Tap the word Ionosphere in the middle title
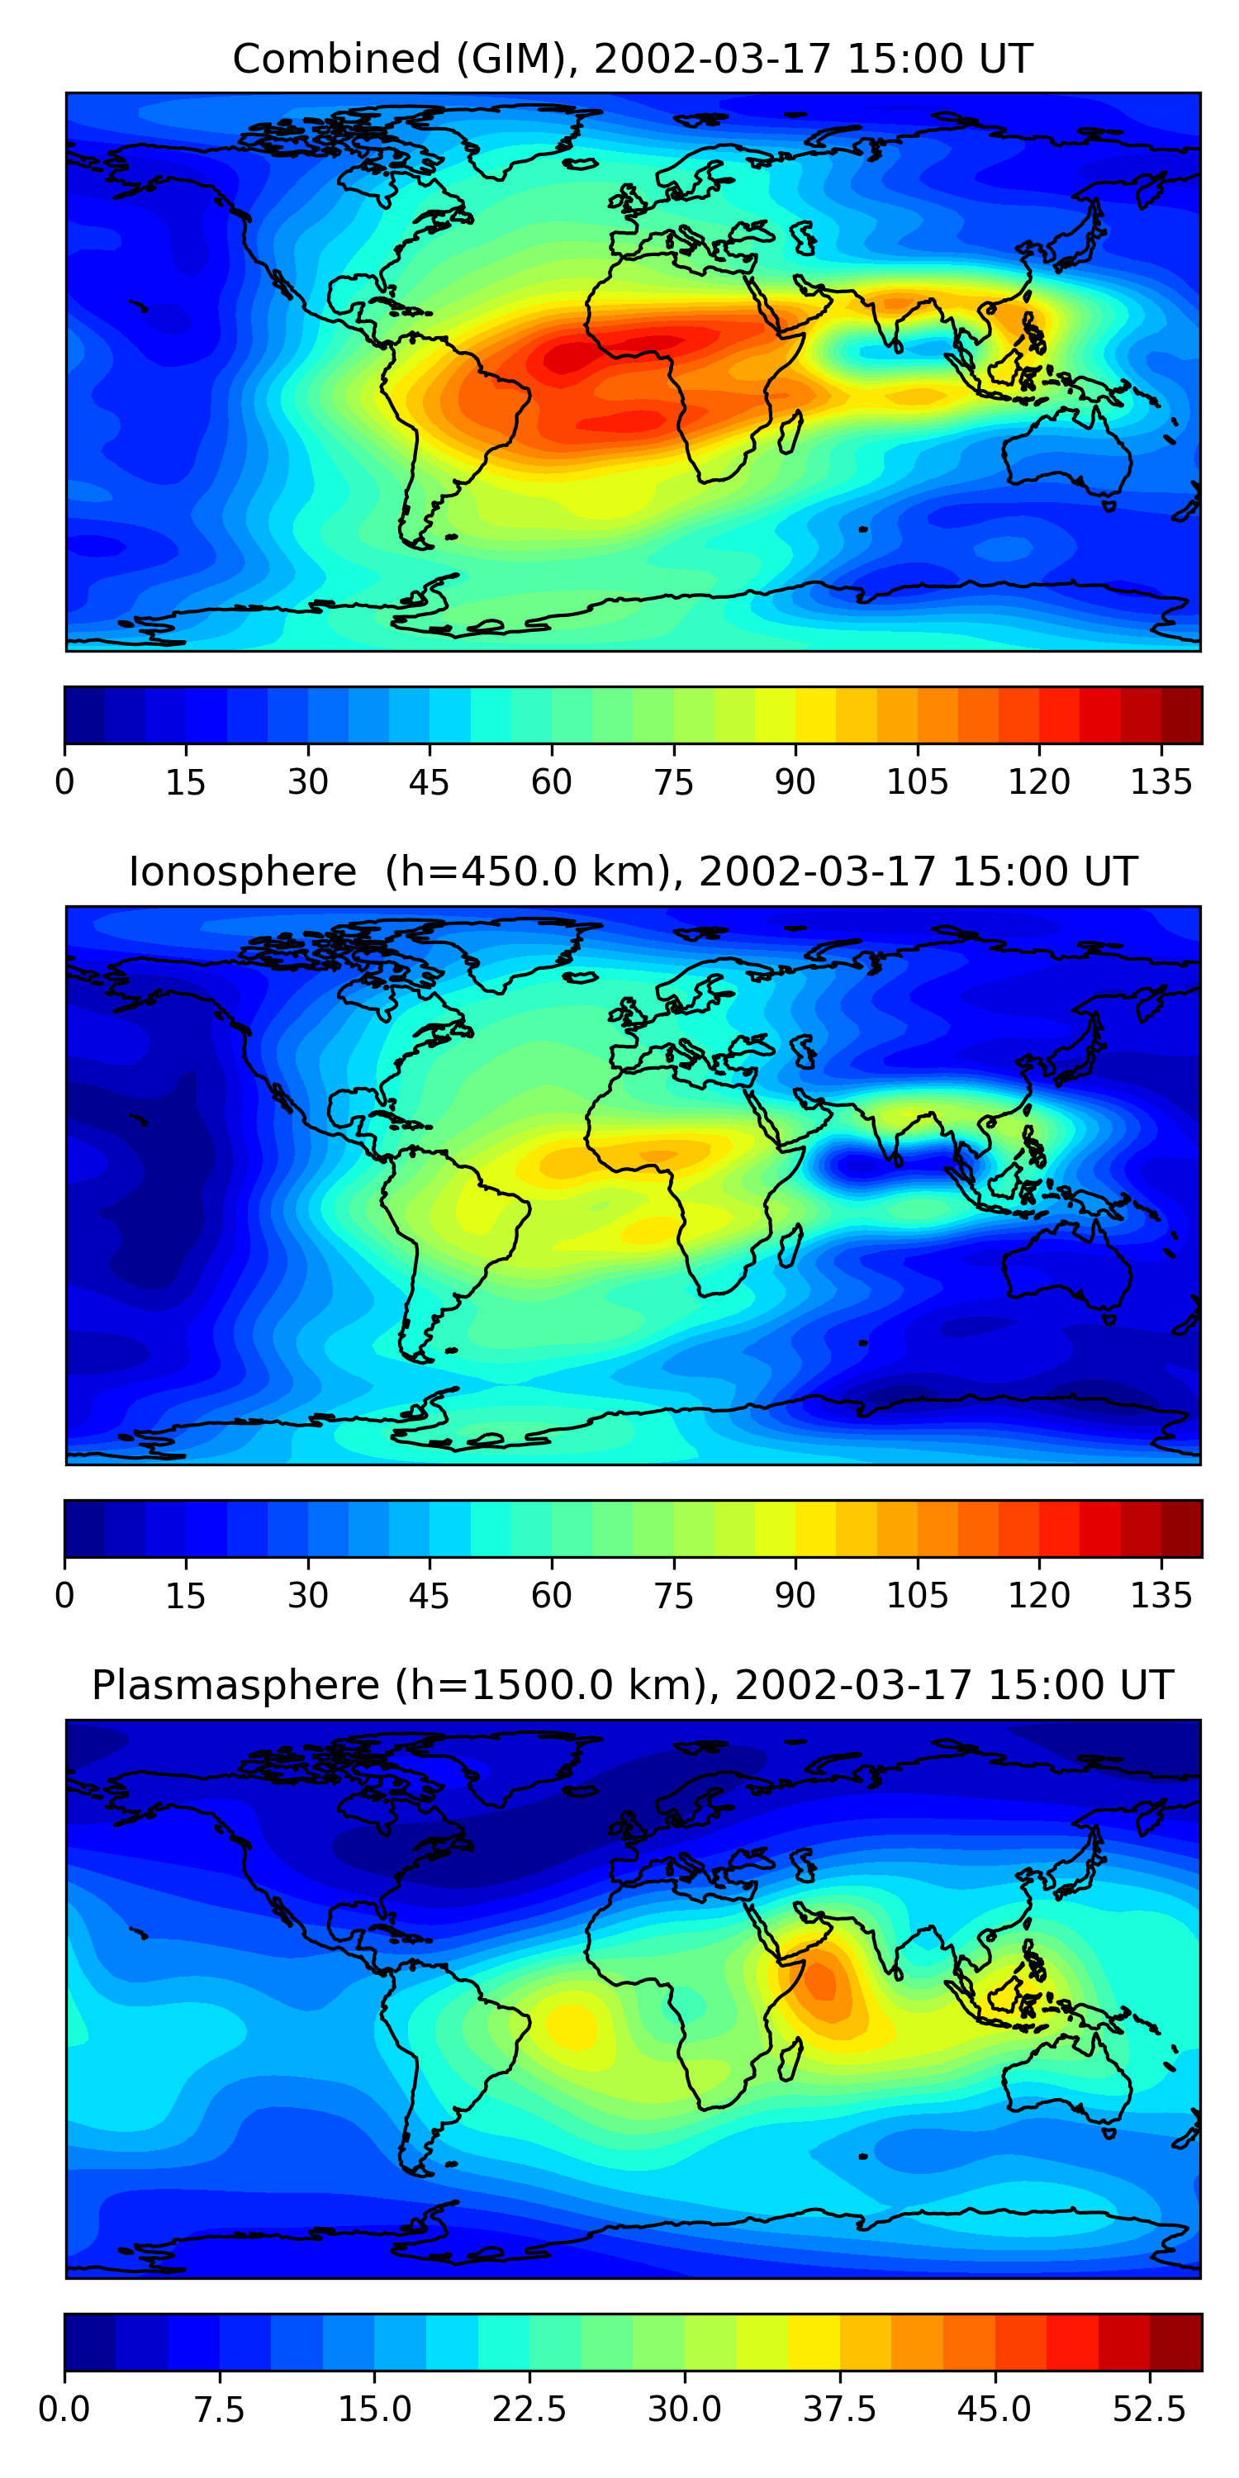(242, 871)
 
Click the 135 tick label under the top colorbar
(1161, 782)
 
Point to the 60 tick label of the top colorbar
(551, 782)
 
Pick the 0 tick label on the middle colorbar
(64, 1596)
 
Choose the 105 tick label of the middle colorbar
(917, 1596)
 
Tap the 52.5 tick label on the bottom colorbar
(1150, 2409)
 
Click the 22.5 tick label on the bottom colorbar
(529, 2409)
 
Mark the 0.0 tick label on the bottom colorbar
(64, 2409)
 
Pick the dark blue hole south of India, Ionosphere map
(859, 1167)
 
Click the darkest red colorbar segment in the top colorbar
(1181, 715)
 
